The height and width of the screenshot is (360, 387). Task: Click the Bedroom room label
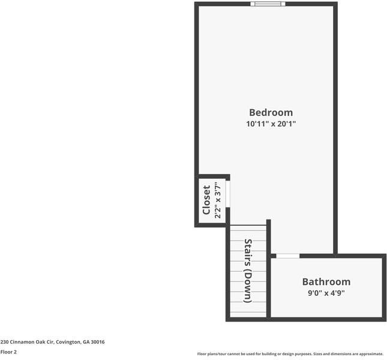pos(271,112)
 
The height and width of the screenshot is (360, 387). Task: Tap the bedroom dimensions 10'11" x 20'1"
pos(271,124)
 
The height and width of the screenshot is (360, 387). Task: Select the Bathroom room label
pos(326,281)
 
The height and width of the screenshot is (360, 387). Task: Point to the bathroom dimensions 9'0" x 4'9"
pos(326,293)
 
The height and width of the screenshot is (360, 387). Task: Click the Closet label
pos(206,200)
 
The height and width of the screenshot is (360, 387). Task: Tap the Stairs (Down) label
pos(247,271)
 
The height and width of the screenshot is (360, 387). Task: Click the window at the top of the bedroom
pos(268,4)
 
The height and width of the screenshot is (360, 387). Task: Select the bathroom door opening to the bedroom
pos(287,256)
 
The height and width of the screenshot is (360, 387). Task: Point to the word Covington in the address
pos(64,342)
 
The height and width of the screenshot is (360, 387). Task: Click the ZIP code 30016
pos(98,342)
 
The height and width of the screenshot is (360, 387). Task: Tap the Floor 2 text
pos(8,352)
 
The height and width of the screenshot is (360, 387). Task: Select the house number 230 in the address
pos(4,342)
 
